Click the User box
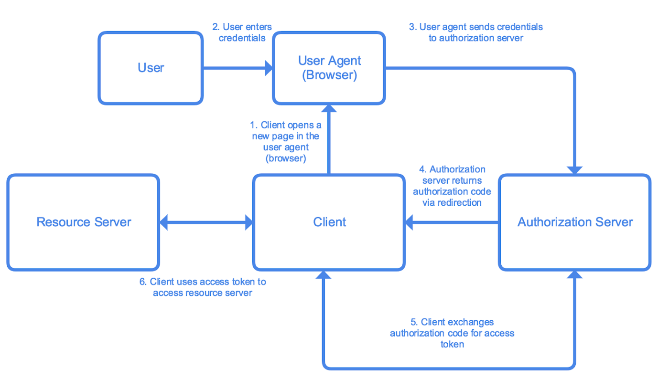point(151,68)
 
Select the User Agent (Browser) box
point(329,68)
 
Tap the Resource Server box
point(83,222)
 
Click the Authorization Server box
point(575,222)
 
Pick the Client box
point(329,222)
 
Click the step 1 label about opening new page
point(285,142)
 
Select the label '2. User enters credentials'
point(242,32)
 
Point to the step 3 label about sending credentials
point(476,32)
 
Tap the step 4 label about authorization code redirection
point(452,186)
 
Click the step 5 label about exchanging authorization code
point(452,333)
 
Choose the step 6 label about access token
point(203,287)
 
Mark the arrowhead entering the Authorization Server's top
point(575,169)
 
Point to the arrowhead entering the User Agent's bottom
point(329,108)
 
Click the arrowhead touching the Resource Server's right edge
point(164,222)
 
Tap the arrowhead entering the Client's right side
point(410,222)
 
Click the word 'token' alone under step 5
point(452,344)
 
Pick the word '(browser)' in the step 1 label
point(285,158)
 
